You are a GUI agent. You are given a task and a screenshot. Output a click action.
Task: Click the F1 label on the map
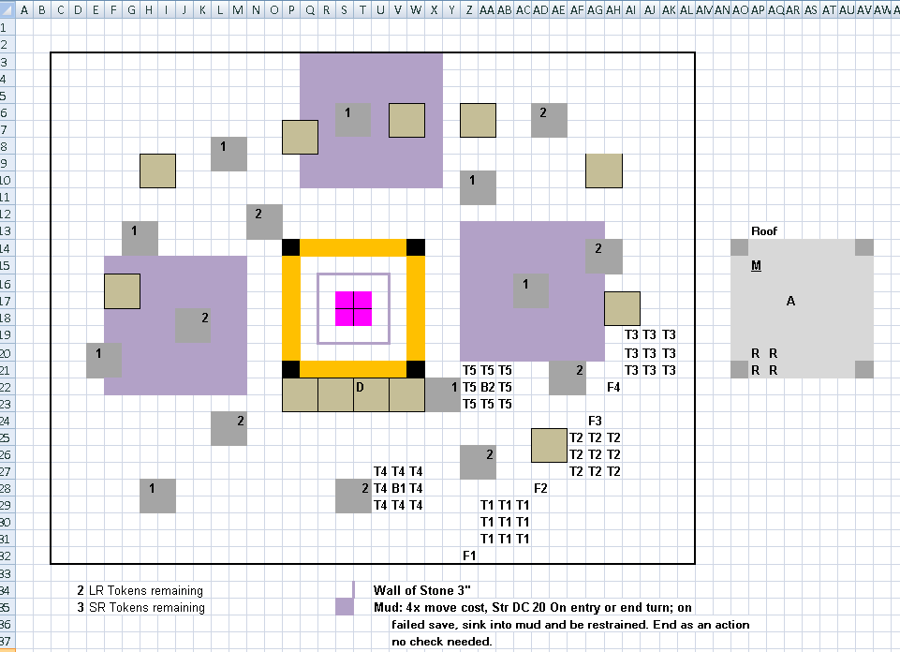click(469, 556)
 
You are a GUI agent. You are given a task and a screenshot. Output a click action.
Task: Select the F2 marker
click(540, 488)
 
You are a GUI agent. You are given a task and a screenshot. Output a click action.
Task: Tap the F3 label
click(595, 421)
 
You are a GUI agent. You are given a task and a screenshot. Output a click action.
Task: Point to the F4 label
click(613, 388)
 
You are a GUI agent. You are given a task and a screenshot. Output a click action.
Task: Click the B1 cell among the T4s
click(398, 488)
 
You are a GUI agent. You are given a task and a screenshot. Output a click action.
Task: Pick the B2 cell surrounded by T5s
click(487, 388)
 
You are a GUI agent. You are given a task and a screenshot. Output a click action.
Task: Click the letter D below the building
click(360, 387)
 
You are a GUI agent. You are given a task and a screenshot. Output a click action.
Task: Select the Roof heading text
click(764, 230)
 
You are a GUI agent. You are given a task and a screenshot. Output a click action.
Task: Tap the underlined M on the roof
click(756, 266)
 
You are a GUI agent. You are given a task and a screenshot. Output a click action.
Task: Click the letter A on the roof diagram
click(790, 301)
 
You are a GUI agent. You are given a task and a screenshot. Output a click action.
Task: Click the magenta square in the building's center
click(354, 308)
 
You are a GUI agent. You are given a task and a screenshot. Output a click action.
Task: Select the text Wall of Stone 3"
click(421, 590)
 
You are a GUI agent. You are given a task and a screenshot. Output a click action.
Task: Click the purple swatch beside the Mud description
click(345, 607)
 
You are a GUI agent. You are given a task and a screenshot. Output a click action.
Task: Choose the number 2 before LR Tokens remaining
click(81, 590)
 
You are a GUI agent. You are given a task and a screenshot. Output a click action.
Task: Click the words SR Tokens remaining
click(146, 607)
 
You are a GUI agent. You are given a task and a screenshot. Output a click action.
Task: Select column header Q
click(310, 9)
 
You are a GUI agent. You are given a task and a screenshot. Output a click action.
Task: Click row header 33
click(6, 572)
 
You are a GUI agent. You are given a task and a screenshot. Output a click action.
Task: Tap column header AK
click(669, 9)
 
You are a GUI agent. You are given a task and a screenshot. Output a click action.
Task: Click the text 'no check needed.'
click(441, 641)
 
